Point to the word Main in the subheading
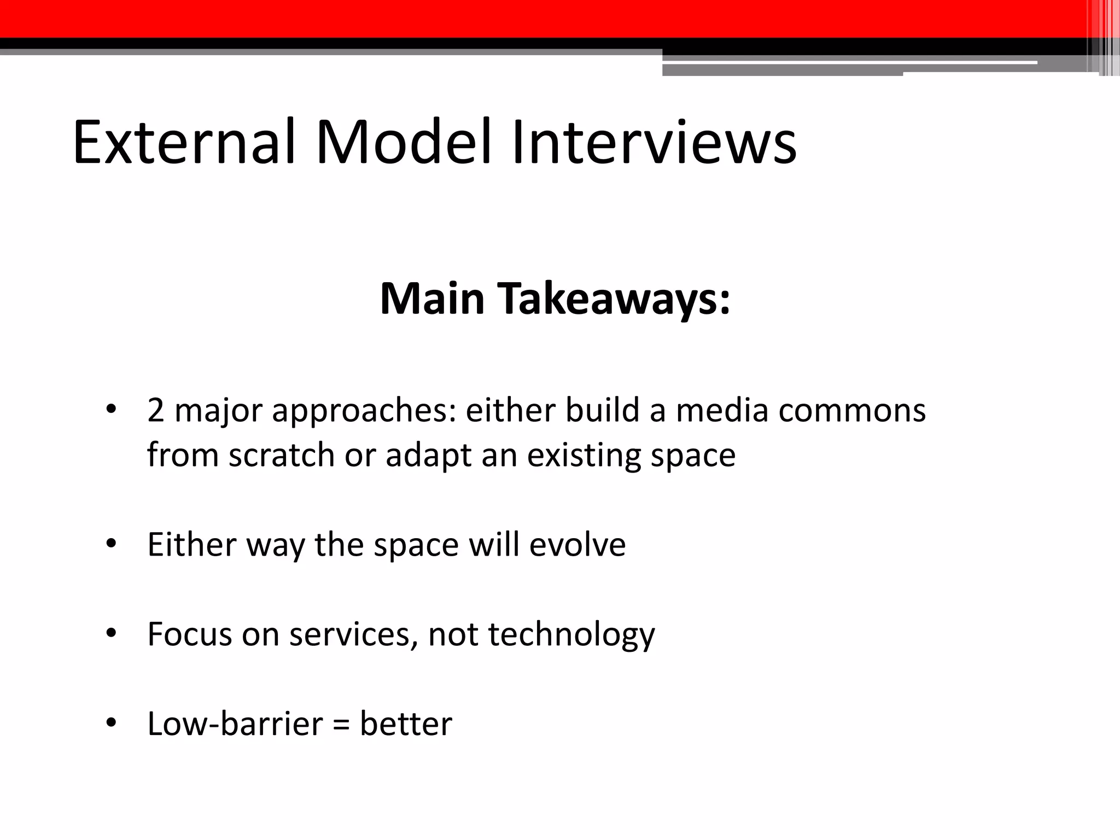(433, 300)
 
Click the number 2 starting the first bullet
(156, 410)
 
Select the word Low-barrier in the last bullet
(236, 724)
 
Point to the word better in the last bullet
(406, 724)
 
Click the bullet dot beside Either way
(112, 544)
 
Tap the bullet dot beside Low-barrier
(112, 724)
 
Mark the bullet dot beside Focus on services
(112, 634)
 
